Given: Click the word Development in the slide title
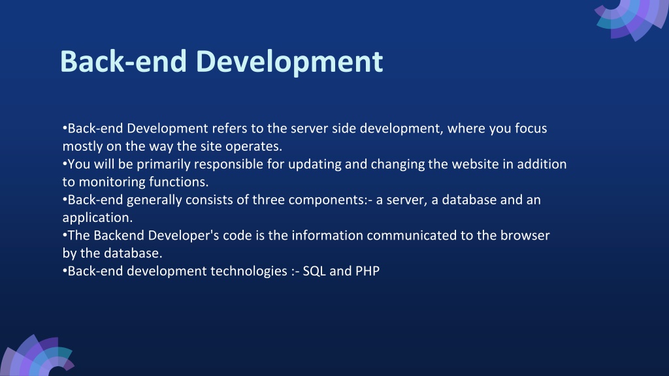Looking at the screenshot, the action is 289,62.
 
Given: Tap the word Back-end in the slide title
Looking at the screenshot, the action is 123,61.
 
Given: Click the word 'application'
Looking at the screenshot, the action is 97,218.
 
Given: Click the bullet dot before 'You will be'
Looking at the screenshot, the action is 65,164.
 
